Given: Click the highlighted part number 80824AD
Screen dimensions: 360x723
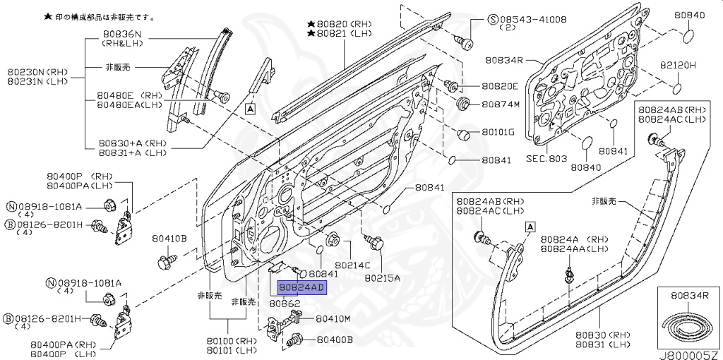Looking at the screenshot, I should [x=301, y=288].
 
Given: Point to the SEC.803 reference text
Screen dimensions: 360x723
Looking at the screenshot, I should [x=547, y=159].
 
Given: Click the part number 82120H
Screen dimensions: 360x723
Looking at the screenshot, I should [x=678, y=65].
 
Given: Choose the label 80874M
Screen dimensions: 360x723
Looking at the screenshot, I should [x=501, y=104].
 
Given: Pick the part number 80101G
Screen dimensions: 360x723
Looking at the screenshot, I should [x=498, y=132].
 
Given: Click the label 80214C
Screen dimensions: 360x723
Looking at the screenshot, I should [x=353, y=265].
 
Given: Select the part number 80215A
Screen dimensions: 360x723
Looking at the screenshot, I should [x=382, y=277].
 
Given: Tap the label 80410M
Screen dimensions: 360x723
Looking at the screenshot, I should [x=333, y=319].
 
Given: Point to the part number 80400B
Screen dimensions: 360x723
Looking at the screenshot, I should [x=334, y=340].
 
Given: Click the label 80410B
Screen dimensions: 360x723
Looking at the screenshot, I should [x=169, y=239].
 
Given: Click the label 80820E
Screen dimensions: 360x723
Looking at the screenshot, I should [x=500, y=86].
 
